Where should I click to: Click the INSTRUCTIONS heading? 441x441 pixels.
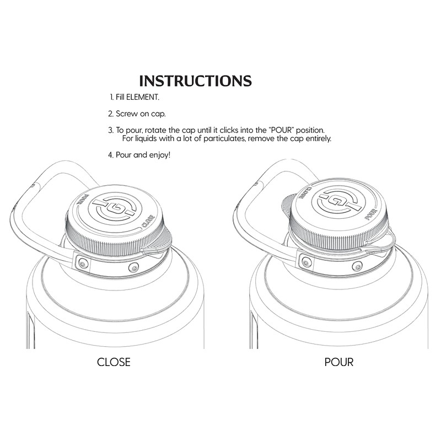pos(196,81)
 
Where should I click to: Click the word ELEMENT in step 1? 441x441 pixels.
pos(142,98)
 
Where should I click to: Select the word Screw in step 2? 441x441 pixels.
pos(126,114)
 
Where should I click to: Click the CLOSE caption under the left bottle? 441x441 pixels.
pos(114,362)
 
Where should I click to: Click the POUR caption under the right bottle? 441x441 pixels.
pos(339,362)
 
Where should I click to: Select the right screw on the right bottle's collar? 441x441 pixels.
pos(357,266)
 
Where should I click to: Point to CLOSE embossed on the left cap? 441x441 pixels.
pos(148,221)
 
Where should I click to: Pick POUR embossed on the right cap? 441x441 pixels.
pos(371,214)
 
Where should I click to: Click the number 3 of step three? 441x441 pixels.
pos(110,131)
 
